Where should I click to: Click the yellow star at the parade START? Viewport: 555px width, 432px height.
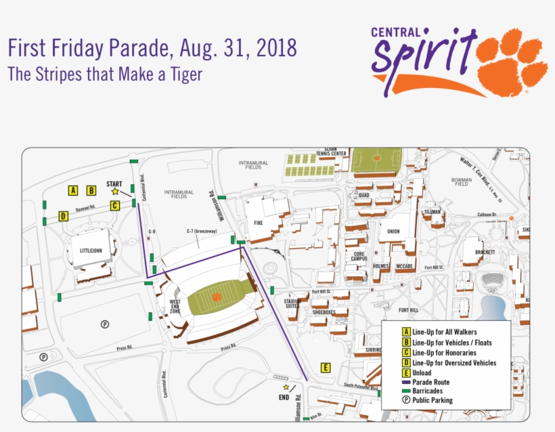115,192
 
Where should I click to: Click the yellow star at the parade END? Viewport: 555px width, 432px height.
286,387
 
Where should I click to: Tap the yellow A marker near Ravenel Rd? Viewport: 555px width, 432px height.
73,190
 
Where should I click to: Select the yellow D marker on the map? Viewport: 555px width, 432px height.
63,217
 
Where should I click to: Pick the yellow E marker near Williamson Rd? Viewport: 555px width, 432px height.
326,368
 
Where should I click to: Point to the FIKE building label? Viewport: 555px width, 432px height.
258,223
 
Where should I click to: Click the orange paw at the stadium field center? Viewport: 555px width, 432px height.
217,297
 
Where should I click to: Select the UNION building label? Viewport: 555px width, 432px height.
393,232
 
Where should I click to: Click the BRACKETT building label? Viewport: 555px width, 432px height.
485,252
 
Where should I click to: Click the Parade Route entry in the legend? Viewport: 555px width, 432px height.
435,382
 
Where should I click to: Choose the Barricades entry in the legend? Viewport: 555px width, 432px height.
432,391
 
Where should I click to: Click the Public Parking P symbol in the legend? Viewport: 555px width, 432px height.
406,400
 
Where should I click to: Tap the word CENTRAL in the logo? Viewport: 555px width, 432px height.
398,32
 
